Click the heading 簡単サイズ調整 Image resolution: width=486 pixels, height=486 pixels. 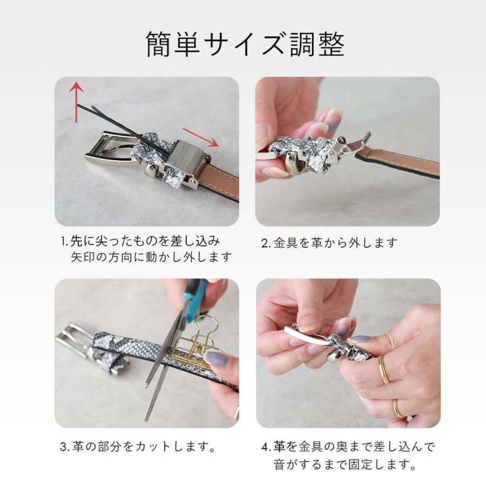pyautogui.click(x=245, y=44)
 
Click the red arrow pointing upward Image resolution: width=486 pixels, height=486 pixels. pyautogui.click(x=77, y=100)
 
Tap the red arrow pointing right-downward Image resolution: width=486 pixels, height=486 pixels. pyautogui.click(x=200, y=137)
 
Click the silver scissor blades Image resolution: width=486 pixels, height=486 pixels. pyautogui.click(x=162, y=367)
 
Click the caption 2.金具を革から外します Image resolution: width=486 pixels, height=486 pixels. pyautogui.click(x=329, y=243)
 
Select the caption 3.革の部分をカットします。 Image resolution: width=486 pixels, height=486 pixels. pyautogui.click(x=138, y=447)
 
